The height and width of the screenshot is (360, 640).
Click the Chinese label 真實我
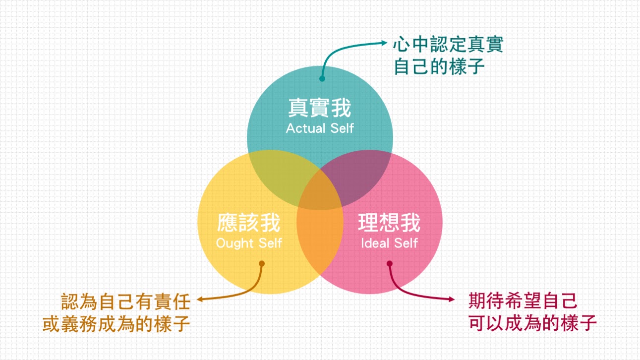[320, 108]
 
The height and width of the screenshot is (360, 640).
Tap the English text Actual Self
[320, 128]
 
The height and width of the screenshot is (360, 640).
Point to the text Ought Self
[249, 243]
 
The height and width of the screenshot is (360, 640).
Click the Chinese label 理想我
[389, 224]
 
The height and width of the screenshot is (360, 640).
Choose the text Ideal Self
[389, 243]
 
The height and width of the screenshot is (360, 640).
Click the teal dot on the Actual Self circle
[322, 78]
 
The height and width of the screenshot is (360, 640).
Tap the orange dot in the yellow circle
[262, 264]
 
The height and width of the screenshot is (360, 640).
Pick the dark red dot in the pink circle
[390, 264]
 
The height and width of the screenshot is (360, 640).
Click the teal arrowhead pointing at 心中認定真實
[385, 43]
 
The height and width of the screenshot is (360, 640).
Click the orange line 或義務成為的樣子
[116, 324]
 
